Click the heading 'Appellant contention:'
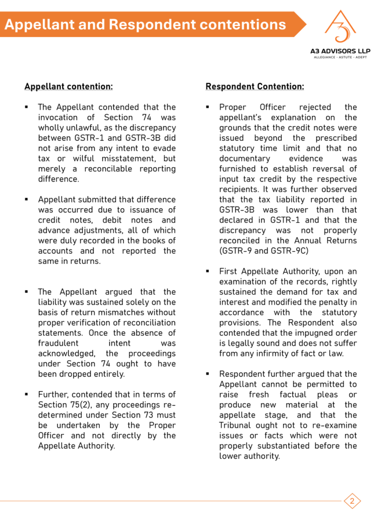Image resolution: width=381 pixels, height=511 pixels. [68, 86]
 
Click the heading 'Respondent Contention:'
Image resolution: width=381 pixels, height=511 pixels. [255, 86]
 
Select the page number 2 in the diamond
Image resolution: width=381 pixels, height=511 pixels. [352, 501]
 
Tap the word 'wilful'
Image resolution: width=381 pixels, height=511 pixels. [73, 158]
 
